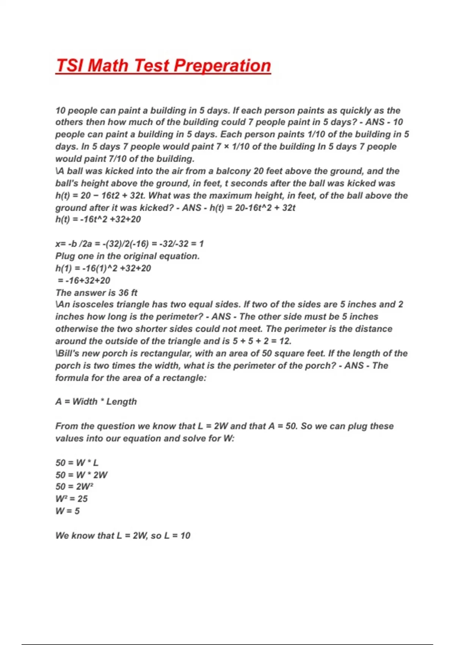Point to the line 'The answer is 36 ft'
(96, 293)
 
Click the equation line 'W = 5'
(67, 511)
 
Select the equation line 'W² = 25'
(71, 499)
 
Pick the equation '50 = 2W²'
(74, 487)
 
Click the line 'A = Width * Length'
(96, 402)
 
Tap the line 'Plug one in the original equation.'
(127, 256)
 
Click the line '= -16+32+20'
(84, 280)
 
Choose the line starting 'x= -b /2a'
(129, 244)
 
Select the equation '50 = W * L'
(77, 463)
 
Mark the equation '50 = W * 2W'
(82, 475)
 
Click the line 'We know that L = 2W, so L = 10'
(123, 535)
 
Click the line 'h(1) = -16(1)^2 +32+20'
(103, 268)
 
